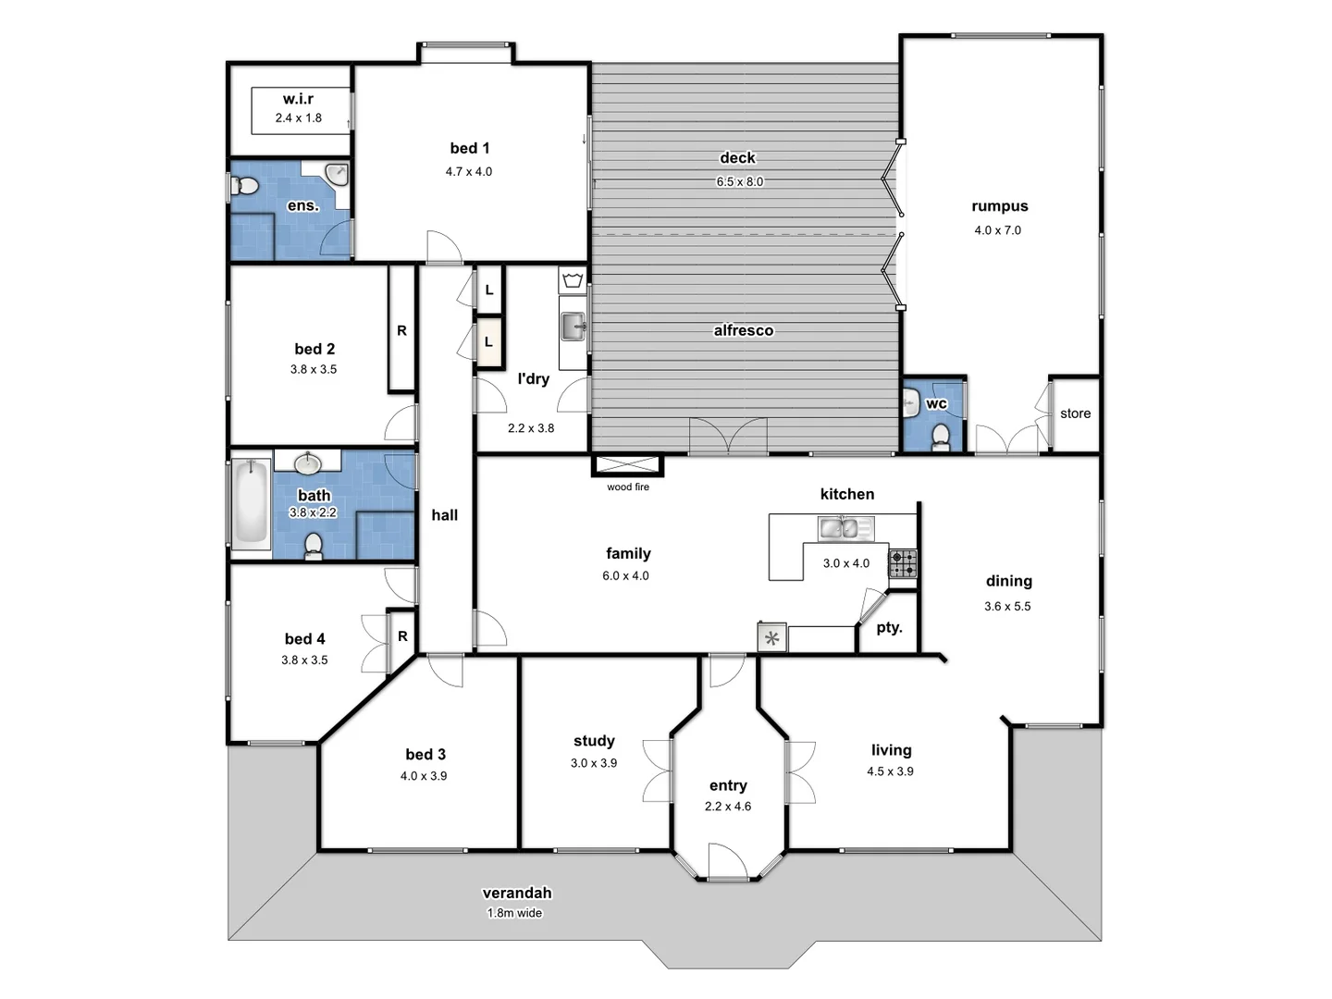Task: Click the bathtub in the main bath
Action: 250,504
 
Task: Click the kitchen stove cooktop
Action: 903,563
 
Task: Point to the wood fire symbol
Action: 627,465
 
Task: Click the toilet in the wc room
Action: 941,436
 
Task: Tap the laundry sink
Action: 573,326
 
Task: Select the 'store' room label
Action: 1075,413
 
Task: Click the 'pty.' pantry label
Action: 889,627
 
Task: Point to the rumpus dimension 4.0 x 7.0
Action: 997,230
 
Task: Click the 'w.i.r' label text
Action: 298,99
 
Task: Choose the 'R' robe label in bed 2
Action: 401,330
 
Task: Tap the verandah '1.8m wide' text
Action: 515,913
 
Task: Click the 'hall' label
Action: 444,515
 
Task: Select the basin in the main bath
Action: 308,462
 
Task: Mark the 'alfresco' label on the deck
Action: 743,330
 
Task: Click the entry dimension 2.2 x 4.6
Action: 728,807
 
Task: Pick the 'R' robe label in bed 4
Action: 402,636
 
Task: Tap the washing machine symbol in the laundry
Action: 573,279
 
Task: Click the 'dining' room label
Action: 1008,581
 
